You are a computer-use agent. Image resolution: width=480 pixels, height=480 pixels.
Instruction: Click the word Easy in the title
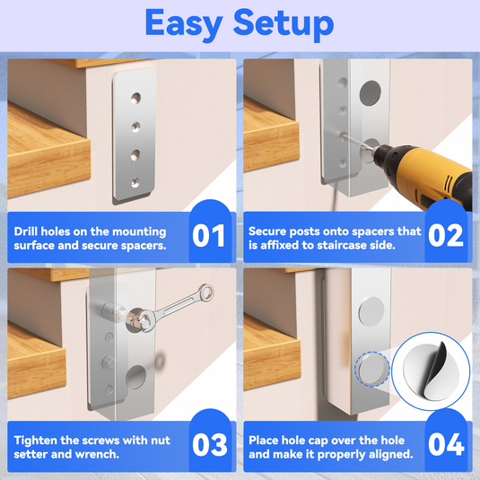(184, 24)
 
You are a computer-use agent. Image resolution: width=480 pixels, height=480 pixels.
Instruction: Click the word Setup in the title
(284, 24)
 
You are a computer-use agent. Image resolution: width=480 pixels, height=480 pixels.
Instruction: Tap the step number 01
(209, 235)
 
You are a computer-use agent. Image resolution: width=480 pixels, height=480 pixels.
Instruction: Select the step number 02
(446, 235)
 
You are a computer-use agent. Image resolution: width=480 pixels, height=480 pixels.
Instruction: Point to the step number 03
(210, 444)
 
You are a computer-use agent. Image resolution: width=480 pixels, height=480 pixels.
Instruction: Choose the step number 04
(446, 444)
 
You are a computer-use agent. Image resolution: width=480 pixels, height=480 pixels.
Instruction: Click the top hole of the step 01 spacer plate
(135, 98)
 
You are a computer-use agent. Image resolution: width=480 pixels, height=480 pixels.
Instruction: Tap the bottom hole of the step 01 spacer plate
(135, 183)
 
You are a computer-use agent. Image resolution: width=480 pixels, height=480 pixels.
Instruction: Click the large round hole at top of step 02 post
(371, 93)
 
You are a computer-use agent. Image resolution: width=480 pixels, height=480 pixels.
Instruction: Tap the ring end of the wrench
(206, 292)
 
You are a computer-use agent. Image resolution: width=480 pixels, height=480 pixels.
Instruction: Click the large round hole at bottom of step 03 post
(135, 377)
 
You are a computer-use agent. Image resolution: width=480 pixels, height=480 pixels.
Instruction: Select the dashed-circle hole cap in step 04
(372, 369)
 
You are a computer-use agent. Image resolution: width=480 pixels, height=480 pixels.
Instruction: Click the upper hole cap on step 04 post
(371, 311)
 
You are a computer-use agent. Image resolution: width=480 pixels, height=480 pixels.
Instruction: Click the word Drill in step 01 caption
(26, 231)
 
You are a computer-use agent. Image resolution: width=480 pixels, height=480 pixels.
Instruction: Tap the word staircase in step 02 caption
(335, 245)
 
